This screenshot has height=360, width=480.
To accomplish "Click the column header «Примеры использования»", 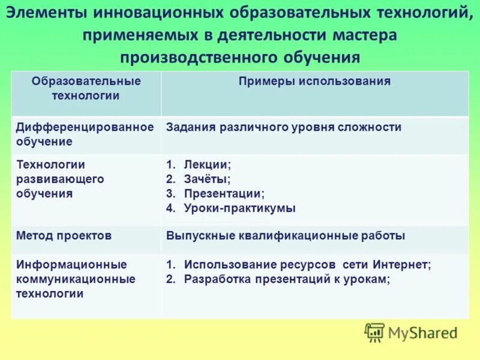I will pyautogui.click(x=314, y=82).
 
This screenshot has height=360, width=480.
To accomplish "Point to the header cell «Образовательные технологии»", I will pyautogui.click(x=86, y=88).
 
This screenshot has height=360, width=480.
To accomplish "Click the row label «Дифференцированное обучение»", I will pyautogui.click(x=85, y=134).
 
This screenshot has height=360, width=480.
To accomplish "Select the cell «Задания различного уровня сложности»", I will pyautogui.click(x=284, y=127).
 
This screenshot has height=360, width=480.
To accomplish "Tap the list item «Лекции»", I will pyautogui.click(x=206, y=164).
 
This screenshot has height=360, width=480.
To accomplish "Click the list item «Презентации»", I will pyautogui.click(x=224, y=194).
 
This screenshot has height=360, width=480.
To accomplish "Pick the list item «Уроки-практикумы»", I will pyautogui.click(x=239, y=209).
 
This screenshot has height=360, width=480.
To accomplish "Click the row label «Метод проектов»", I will pyautogui.click(x=64, y=236).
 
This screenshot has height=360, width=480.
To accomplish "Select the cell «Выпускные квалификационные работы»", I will pyautogui.click(x=286, y=236).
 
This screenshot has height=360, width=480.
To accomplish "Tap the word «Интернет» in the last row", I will pyautogui.click(x=401, y=265).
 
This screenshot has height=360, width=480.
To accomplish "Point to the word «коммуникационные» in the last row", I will pyautogui.click(x=76, y=279).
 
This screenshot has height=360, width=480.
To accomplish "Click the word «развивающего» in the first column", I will pyautogui.click(x=60, y=179).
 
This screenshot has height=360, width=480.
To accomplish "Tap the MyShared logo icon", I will pyautogui.click(x=374, y=332).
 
